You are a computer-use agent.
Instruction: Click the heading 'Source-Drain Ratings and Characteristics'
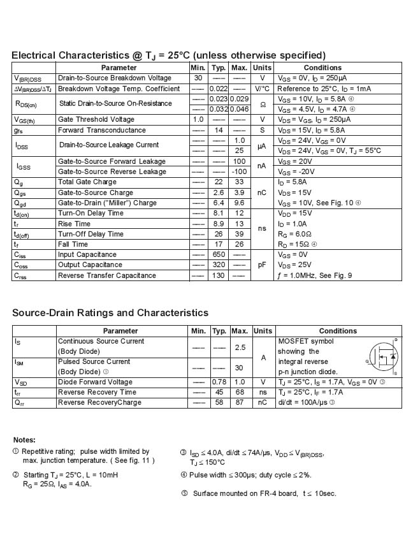click(110, 312)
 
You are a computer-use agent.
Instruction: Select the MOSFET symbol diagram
click(384, 357)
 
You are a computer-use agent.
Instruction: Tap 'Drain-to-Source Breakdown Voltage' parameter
click(115, 78)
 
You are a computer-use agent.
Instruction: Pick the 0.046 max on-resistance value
click(239, 109)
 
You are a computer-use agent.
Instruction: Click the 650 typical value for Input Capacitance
click(219, 254)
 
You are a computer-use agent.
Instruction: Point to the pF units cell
click(262, 265)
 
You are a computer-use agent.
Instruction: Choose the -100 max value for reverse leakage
click(239, 171)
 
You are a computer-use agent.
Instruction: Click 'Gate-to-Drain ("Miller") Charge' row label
click(107, 203)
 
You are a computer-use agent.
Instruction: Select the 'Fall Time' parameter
click(73, 244)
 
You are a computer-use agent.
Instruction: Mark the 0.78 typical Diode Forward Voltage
click(219, 382)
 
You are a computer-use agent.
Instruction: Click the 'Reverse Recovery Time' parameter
click(97, 392)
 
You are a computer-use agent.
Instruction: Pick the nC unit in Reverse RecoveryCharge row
click(262, 402)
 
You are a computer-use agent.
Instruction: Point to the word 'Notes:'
click(24, 440)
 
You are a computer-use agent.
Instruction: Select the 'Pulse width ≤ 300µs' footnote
click(246, 474)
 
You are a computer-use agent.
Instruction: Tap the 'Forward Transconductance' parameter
click(102, 129)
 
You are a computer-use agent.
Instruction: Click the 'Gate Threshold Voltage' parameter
click(96, 119)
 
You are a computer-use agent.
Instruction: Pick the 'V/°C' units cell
click(262, 89)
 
